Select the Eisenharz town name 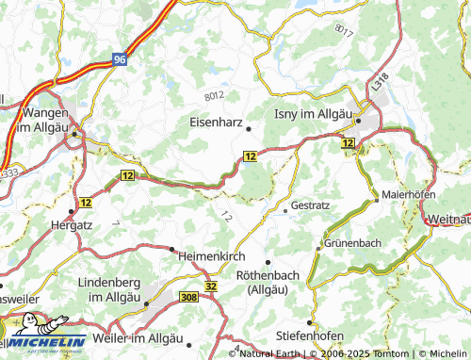[x=218, y=121]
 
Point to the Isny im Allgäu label [x=312, y=114]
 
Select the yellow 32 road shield [x=210, y=285]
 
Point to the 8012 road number [x=215, y=95]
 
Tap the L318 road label [x=379, y=82]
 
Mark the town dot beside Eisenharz [x=248, y=128]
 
